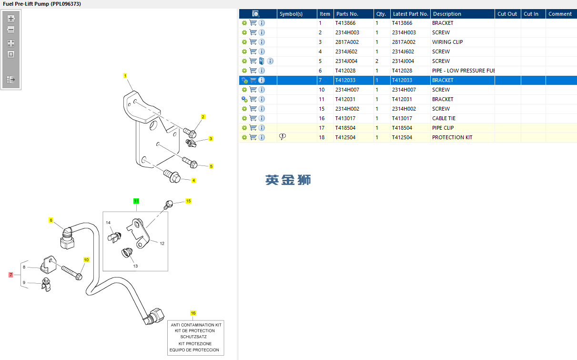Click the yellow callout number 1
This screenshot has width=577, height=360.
pos(125,76)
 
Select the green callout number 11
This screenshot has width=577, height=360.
pos(136,201)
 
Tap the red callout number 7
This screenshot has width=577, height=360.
pos(11,275)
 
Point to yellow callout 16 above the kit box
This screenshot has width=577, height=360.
pos(193,313)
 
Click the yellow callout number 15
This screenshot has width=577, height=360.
pos(188,201)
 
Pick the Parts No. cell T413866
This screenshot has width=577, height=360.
pos(345,23)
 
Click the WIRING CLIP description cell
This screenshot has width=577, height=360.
pos(447,42)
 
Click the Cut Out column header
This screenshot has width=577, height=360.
pos(507,14)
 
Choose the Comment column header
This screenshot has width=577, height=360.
pos(560,14)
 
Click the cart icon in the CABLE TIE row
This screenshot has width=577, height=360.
pos(253,118)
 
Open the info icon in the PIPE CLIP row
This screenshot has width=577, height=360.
pos(262,128)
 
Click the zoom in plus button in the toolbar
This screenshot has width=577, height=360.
pos(11,19)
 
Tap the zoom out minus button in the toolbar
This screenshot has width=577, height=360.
pos(11,30)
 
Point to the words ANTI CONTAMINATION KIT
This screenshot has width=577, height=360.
pos(196,325)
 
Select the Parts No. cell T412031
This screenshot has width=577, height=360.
pos(345,99)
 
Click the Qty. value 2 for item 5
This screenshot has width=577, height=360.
pos(377,61)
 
